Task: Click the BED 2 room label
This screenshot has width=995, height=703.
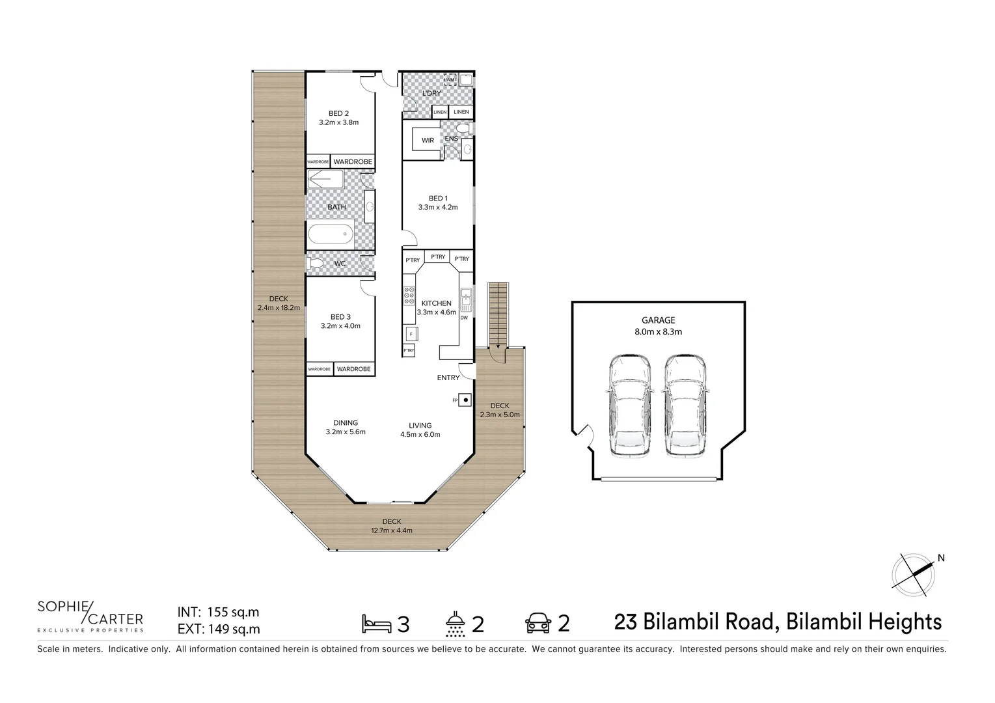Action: click(x=338, y=113)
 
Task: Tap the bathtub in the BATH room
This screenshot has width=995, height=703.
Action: click(x=331, y=234)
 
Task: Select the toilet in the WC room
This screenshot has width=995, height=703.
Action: click(x=317, y=264)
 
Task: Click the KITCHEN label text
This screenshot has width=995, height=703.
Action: click(x=436, y=303)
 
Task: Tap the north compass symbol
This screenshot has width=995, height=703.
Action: click(x=914, y=574)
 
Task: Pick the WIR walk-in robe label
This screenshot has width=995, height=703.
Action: click(x=428, y=141)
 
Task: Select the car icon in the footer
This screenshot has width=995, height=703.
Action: click(x=538, y=624)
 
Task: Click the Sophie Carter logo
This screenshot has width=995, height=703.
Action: click(x=90, y=616)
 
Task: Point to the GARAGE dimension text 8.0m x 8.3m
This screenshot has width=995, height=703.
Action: click(x=659, y=331)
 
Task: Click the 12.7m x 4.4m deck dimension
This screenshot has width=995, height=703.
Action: click(x=391, y=530)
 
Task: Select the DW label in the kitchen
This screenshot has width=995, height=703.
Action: click(x=464, y=318)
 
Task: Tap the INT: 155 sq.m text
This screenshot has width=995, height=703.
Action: click(x=219, y=612)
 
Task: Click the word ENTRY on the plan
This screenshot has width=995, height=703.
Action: click(x=448, y=378)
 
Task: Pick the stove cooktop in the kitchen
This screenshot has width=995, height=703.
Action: click(x=409, y=296)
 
